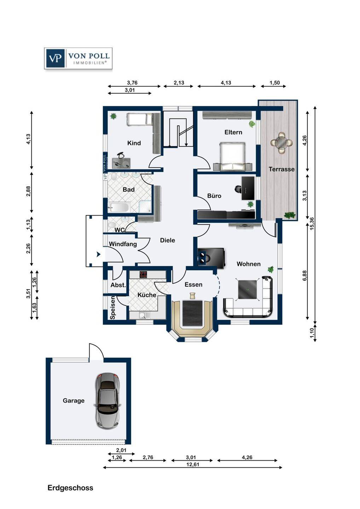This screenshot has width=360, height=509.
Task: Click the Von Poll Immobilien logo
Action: click(x=78, y=58)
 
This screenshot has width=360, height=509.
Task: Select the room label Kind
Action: click(x=134, y=143)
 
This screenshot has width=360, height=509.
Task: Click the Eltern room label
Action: click(x=233, y=132)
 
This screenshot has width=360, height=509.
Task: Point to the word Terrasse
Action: click(x=281, y=169)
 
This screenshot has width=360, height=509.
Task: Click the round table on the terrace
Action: click(x=281, y=142)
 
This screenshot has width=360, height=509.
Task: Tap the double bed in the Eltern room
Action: click(x=232, y=156)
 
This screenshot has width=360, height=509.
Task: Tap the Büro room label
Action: click(x=214, y=196)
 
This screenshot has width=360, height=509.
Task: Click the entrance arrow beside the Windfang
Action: click(x=98, y=254)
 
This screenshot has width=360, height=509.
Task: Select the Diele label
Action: click(x=168, y=240)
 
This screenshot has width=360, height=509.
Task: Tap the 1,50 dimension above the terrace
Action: click(x=274, y=83)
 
